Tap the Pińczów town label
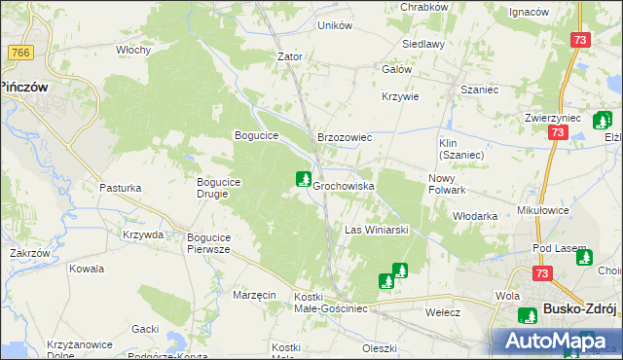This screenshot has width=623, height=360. (24, 86)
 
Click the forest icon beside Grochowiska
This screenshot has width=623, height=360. (304, 179)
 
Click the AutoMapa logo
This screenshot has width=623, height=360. (556, 342)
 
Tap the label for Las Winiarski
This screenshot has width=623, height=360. (376, 230)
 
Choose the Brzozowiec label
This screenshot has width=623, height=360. (345, 138)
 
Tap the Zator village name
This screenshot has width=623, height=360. (290, 56)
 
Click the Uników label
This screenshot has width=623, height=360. (335, 25)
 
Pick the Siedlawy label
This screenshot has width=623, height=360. (424, 44)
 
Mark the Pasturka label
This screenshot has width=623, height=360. (121, 187)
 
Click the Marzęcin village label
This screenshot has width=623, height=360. (255, 294)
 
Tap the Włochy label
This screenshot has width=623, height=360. (132, 49)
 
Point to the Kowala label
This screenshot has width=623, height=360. (87, 269)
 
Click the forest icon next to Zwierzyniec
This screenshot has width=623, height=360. (602, 123)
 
